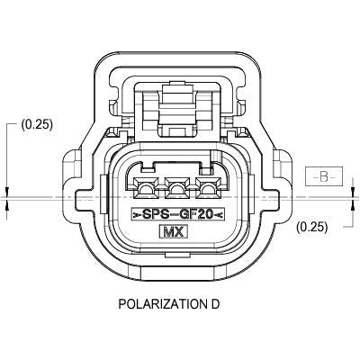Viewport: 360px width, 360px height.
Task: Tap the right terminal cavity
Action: point(208,189)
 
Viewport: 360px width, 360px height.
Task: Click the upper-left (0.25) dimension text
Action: point(35,125)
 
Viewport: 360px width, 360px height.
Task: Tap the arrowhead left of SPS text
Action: point(137,214)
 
